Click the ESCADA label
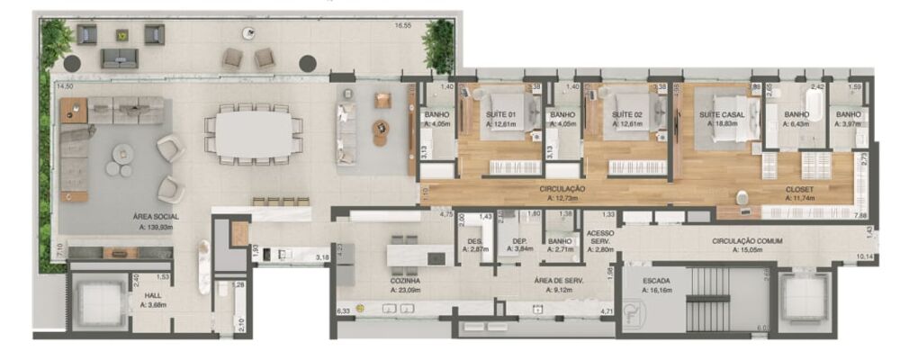pos(655,281)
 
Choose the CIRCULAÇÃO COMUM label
pos(746,241)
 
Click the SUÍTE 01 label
pos(500,115)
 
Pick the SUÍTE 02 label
pos(627,115)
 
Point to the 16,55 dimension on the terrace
pos(402,25)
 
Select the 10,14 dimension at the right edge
pos(864,257)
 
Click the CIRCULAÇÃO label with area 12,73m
pos(562,190)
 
